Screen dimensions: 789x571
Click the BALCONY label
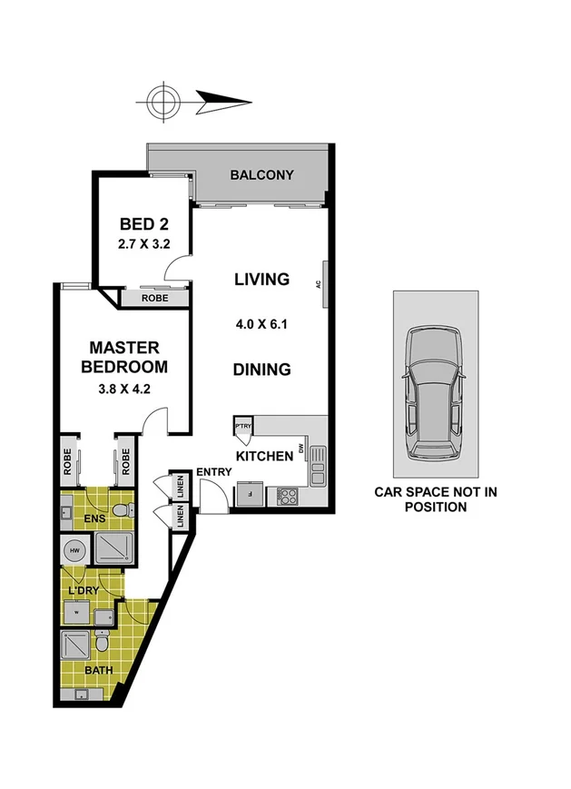pos(261,174)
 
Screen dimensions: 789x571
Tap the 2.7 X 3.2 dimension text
pos(144,243)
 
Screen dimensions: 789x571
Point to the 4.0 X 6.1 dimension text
pos(261,322)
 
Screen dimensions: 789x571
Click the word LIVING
pos(261,279)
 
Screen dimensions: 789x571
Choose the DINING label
pos(261,370)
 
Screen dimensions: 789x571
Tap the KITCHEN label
pos(264,456)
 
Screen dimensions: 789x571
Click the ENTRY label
pos(214,471)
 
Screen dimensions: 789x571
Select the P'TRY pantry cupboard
pos(243,427)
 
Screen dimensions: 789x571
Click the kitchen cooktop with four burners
pos(287,497)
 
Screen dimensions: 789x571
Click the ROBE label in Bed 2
pos(153,296)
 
